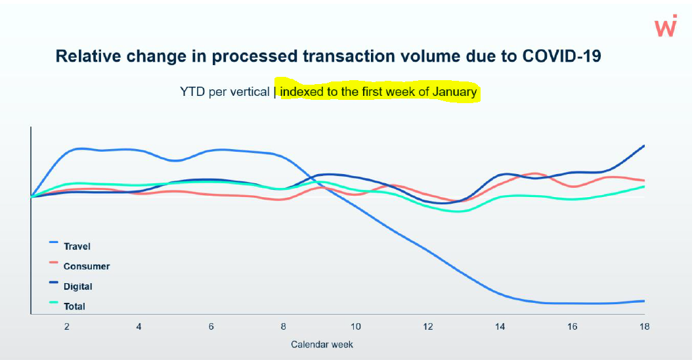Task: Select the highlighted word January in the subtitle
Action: coord(454,91)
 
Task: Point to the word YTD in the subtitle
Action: coord(193,91)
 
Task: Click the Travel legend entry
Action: coord(77,246)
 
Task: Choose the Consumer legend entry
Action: coord(86,266)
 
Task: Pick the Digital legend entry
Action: coord(77,286)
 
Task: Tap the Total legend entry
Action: coord(74,306)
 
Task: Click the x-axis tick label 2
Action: coord(67,326)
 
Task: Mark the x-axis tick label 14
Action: coord(500,326)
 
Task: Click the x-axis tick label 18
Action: coord(644,326)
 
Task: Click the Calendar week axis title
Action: coord(322,344)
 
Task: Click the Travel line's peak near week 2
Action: coord(79,148)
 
